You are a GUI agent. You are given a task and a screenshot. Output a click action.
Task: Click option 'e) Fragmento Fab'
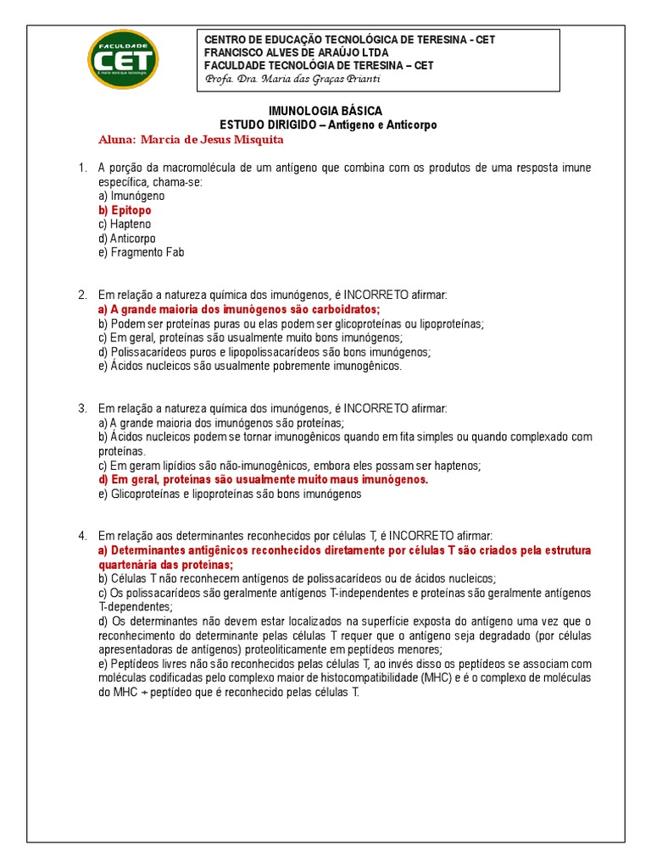(x=141, y=252)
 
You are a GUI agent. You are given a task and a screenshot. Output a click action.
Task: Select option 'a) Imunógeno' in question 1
(x=131, y=196)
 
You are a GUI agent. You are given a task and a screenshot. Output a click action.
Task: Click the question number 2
(x=82, y=295)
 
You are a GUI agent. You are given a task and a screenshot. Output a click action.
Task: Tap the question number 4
(x=82, y=536)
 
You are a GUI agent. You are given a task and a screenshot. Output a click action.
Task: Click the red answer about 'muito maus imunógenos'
(x=263, y=479)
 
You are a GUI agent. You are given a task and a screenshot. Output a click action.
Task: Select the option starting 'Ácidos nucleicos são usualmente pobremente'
(x=250, y=367)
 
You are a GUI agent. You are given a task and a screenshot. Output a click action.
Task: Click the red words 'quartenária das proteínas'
(x=166, y=565)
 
